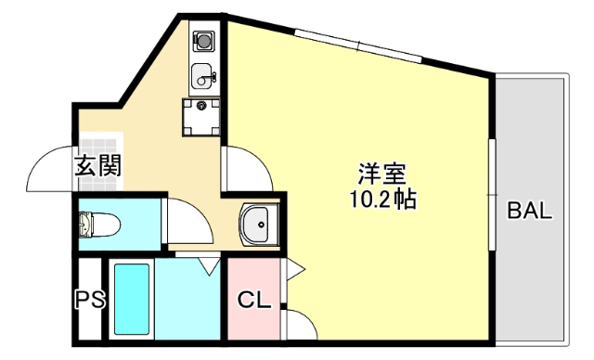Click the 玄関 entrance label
pyautogui.click(x=97, y=165)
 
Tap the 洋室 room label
pyautogui.click(x=382, y=174)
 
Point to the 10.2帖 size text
pyautogui.click(x=383, y=199)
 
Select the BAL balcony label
pyautogui.click(x=530, y=211)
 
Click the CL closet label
pyautogui.click(x=254, y=301)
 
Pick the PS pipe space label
pyautogui.click(x=90, y=300)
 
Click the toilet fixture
pyautogui.click(x=99, y=225)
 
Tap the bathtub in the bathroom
pyautogui.click(x=132, y=299)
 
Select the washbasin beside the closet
pyautogui.click(x=259, y=225)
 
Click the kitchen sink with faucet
pyautogui.click(x=204, y=75)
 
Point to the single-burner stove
pyautogui.click(x=204, y=41)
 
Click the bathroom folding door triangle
pyautogui.click(x=210, y=265)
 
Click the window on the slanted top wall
pyautogui.click(x=358, y=46)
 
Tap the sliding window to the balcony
pyautogui.click(x=492, y=195)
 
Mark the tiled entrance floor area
pyautogui.click(x=101, y=161)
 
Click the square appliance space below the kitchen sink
pyautogui.click(x=201, y=117)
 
